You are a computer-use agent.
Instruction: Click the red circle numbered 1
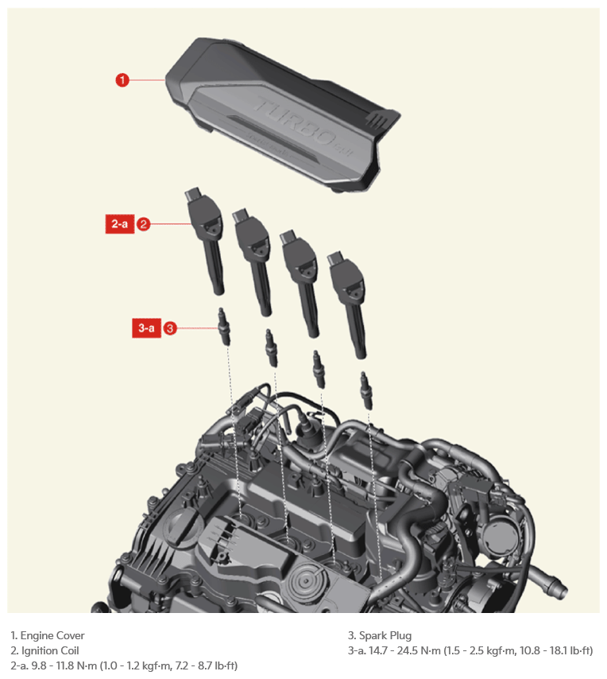tap(122, 80)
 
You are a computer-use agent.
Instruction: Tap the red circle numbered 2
tap(143, 224)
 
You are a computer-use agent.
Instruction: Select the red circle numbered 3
tap(169, 328)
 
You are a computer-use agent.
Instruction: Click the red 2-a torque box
tap(120, 224)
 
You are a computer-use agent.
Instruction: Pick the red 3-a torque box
tap(146, 328)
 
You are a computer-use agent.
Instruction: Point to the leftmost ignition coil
tap(206, 240)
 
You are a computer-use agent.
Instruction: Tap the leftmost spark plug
tap(223, 327)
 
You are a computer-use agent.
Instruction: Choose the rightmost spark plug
tap(366, 390)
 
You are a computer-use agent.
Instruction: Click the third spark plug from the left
tap(319, 369)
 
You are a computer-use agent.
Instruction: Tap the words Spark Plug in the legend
tap(385, 636)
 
